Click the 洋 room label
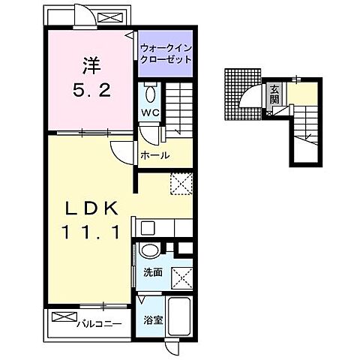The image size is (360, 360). point(91,66)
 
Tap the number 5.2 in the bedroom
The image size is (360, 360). point(91,90)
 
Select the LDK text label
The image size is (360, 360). point(91,208)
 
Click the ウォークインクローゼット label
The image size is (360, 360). point(166,53)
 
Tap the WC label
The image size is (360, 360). point(150,112)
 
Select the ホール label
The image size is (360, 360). point(155,155)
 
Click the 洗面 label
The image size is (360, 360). point(153,272)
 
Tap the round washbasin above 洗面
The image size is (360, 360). point(149,250)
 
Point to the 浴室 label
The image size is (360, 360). point(153,319)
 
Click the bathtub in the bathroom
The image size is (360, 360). point(179,317)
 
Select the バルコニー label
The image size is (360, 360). point(99,324)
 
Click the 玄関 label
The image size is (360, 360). point(274,94)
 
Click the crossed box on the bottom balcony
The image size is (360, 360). point(64,317)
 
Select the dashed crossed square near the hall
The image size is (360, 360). point(181,184)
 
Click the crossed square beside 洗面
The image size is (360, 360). point(181,278)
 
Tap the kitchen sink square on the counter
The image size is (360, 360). point(148,228)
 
